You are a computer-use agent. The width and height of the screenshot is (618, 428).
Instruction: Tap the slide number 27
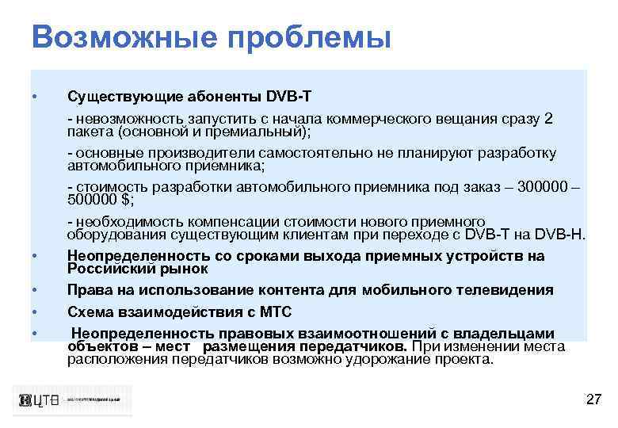coord(593,399)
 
